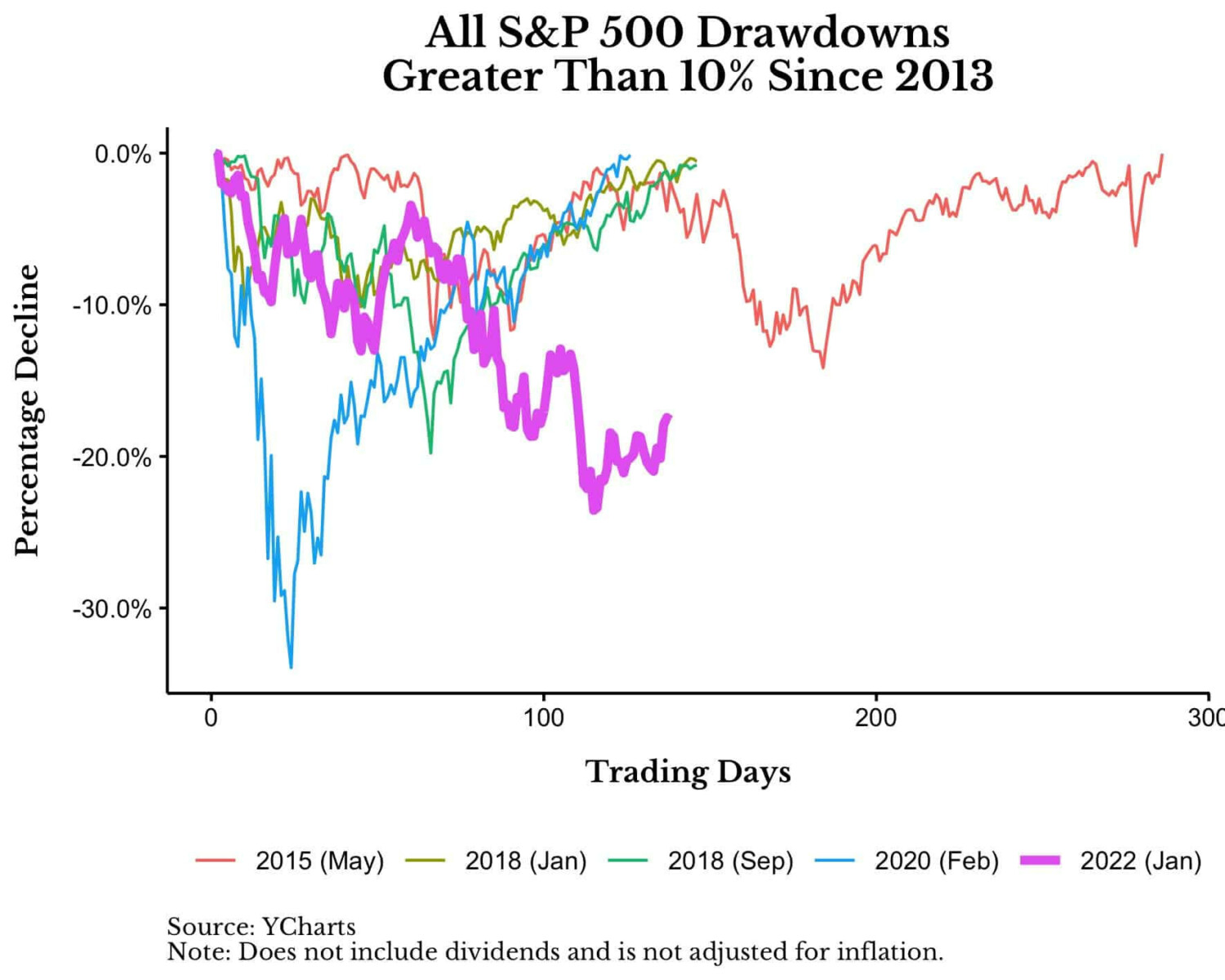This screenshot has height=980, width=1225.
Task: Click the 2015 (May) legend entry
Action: click(318, 861)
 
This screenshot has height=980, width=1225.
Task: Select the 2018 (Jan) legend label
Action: click(525, 861)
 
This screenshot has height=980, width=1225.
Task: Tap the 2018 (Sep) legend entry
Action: click(730, 861)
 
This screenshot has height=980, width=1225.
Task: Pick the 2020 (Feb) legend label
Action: click(936, 861)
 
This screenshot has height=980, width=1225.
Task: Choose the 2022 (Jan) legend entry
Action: click(1140, 861)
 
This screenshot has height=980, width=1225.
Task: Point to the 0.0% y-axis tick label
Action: click(123, 154)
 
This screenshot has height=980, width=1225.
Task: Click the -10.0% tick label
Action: click(113, 305)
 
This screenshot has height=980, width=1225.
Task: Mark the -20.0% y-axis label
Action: click(113, 457)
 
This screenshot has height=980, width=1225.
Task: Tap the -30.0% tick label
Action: click(113, 609)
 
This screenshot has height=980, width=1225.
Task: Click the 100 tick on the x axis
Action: click(544, 718)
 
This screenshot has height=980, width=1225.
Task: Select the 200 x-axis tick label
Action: click(875, 718)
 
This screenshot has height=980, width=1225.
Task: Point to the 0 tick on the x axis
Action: click(212, 718)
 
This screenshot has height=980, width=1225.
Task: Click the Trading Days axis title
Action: click(688, 772)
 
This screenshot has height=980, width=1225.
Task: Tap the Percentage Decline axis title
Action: click(27, 410)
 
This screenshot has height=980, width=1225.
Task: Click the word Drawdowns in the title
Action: click(823, 33)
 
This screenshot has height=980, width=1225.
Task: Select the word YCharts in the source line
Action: click(309, 927)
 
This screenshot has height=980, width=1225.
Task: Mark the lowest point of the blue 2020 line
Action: click(291, 667)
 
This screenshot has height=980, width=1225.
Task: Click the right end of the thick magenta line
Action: click(669, 417)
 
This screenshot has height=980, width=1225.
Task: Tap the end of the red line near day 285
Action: click(1161, 155)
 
